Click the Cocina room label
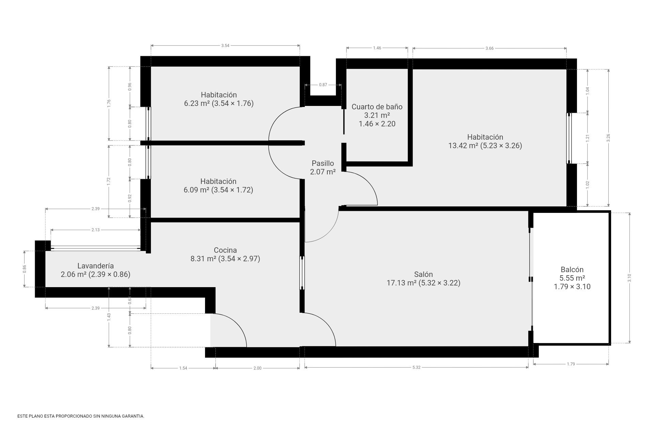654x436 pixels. tap(225, 250)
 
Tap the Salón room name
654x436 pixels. tap(423, 275)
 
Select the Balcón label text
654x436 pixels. tap(572, 270)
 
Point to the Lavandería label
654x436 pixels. tap(95, 266)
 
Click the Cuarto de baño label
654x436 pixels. tap(377, 107)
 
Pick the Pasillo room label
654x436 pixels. tap(323, 163)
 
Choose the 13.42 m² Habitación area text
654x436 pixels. tap(485, 146)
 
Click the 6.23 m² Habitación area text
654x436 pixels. tap(219, 104)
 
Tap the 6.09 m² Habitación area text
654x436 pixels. tap(218, 190)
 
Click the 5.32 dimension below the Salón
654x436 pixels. tap(416, 367)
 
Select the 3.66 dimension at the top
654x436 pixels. tap(489, 48)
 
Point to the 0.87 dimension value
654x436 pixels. tap(323, 85)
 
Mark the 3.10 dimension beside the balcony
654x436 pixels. tap(629, 278)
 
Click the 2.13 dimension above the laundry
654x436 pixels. tap(95, 230)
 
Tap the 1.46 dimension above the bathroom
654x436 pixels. tap(377, 48)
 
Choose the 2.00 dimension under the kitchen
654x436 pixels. tap(258, 368)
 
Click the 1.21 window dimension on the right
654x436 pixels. tap(588, 138)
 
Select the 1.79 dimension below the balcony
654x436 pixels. tap(571, 364)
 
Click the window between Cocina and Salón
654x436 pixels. tap(302, 273)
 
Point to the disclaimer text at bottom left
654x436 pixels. tap(81, 416)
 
